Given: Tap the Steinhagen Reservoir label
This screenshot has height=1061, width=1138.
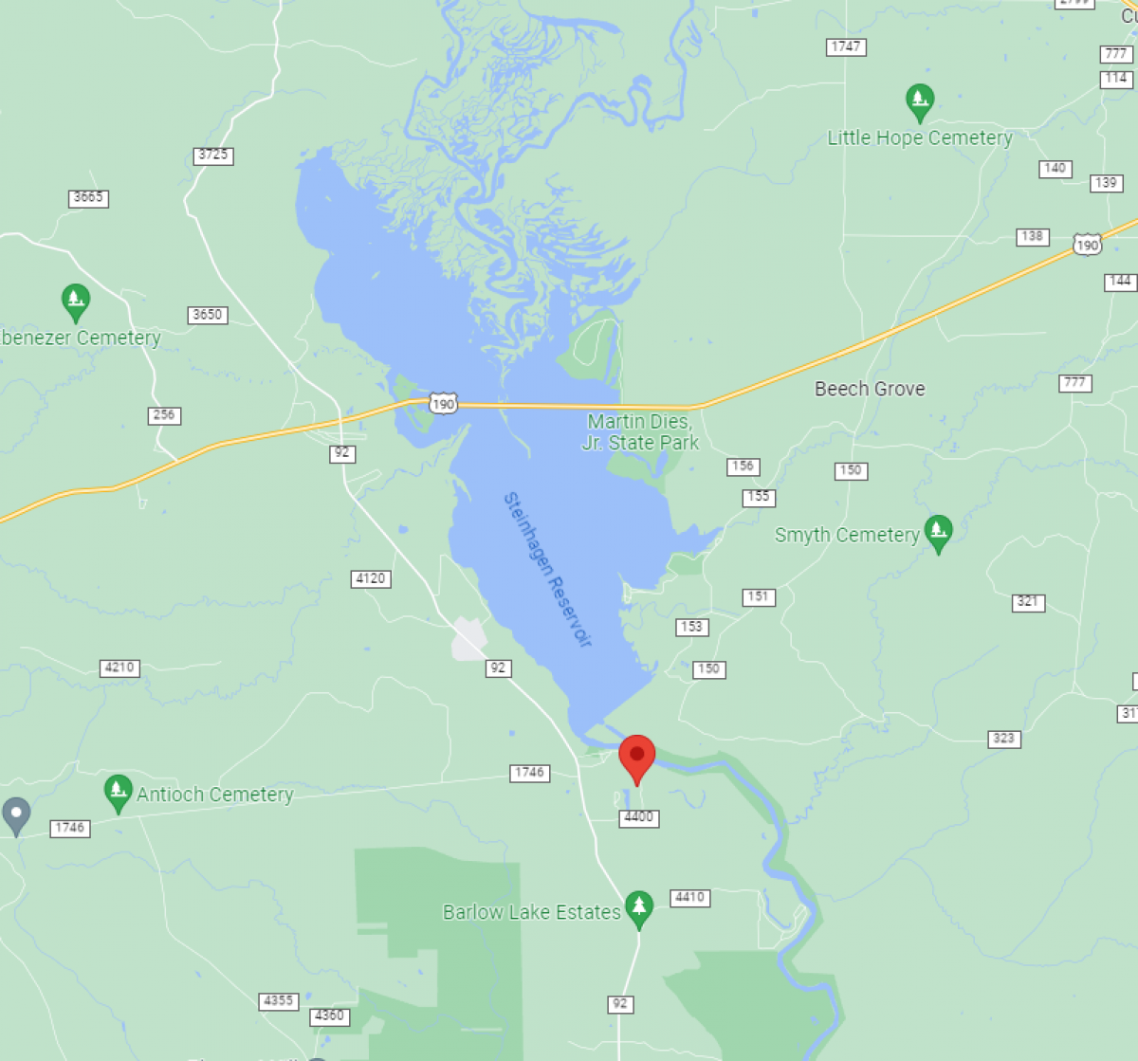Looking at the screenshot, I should [x=548, y=569].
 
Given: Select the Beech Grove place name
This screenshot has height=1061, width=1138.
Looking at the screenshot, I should [x=870, y=389].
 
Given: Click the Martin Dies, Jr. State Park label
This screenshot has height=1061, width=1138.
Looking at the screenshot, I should [x=640, y=432].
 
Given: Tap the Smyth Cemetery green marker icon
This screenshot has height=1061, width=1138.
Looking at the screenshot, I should [x=938, y=533].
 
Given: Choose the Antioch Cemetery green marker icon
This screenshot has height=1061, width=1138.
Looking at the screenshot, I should [x=118, y=793].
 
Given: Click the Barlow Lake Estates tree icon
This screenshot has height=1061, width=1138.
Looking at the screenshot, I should [x=639, y=908].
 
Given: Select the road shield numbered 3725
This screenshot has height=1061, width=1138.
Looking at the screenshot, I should [x=213, y=155].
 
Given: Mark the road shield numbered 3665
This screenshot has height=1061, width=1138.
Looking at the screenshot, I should [x=88, y=198].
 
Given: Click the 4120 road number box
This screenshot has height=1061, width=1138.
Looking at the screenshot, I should [x=370, y=578].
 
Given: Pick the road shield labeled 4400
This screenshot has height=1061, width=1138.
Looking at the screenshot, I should [x=638, y=817].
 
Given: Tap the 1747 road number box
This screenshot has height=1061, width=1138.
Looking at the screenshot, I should [x=845, y=46].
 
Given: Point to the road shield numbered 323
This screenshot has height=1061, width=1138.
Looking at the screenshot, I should [x=1003, y=739].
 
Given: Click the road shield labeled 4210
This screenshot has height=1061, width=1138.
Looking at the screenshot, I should [x=119, y=668].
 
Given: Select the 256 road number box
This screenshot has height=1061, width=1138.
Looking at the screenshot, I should [x=164, y=415].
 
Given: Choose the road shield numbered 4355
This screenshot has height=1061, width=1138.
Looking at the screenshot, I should [x=278, y=1001].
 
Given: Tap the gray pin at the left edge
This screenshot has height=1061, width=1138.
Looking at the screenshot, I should [x=16, y=814].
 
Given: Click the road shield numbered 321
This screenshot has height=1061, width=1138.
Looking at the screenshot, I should [x=1028, y=602].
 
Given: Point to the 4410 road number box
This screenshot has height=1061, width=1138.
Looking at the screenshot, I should [x=689, y=897].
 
